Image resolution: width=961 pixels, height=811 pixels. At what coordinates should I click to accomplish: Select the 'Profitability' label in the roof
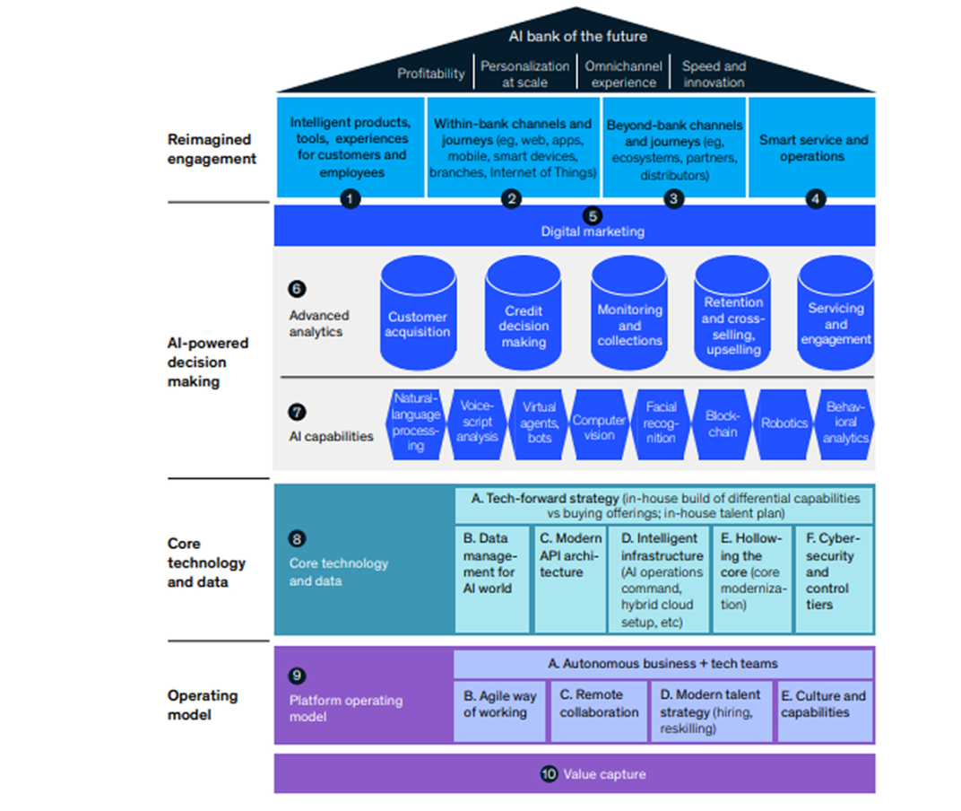tap(431, 74)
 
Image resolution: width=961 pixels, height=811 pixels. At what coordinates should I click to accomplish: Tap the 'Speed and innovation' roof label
tap(713, 74)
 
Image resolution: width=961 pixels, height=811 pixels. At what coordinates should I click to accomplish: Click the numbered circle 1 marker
tap(351, 199)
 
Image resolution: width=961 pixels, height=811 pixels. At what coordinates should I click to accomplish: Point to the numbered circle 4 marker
tap(815, 199)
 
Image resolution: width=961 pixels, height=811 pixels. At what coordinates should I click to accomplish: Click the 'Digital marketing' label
tap(592, 231)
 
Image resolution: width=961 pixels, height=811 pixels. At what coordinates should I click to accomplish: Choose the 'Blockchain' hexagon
tap(723, 424)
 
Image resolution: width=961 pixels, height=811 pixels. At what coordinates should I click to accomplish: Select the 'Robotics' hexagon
tap(784, 423)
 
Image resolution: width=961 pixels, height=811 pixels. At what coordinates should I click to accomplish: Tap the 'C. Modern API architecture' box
tap(570, 579)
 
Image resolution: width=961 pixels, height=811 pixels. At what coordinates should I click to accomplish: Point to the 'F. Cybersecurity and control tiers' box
tap(833, 579)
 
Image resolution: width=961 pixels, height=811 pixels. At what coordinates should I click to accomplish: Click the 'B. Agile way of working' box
tap(498, 711)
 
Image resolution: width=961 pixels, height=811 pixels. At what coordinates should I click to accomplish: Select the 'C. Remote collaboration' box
tap(599, 711)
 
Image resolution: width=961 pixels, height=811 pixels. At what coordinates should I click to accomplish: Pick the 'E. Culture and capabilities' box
tap(824, 711)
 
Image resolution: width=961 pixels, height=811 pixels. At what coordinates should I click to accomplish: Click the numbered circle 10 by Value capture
tap(549, 773)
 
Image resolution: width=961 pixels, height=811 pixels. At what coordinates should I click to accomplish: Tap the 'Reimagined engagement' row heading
tap(212, 149)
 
